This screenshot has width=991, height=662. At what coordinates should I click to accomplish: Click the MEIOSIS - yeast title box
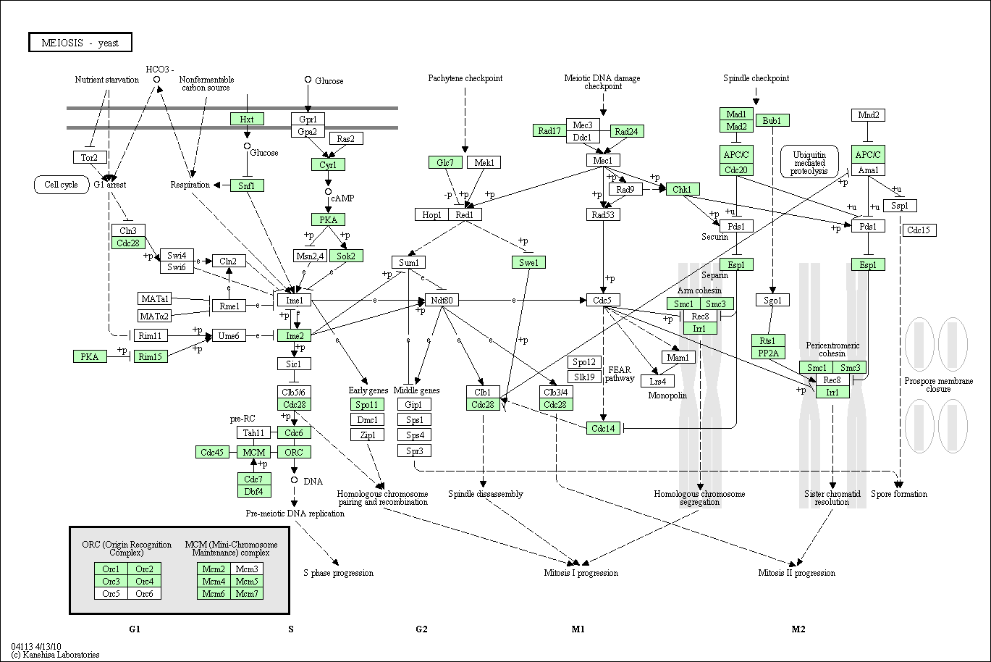pos(80,43)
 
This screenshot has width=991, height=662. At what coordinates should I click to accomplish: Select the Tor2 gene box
pos(90,157)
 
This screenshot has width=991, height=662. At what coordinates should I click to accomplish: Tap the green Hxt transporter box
pos(247,119)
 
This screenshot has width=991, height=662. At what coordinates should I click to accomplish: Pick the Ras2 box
pos(345,138)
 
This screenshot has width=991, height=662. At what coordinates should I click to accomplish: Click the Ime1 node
pos(294,300)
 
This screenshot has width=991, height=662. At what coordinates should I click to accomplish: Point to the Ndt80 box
pos(442,300)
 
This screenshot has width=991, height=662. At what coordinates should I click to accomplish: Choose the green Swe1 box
pos(528,262)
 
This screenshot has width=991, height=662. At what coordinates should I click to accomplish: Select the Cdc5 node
pos(603,300)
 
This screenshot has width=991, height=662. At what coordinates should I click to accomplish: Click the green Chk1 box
pos(682,190)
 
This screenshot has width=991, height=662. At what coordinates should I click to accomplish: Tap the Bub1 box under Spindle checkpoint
pos(772,120)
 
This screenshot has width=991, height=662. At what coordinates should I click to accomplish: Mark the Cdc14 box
pos(603,428)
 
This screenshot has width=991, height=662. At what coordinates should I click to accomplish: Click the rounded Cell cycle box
pos(61,185)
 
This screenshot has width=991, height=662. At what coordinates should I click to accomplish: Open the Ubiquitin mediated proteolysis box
pos(809,162)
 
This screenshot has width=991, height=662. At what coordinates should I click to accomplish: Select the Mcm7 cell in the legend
pos(247,594)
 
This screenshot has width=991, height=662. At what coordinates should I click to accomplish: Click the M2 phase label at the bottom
pos(798,629)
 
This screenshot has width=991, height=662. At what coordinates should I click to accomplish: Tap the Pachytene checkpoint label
pos(465,78)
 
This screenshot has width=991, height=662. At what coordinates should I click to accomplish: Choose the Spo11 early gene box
pos(367,404)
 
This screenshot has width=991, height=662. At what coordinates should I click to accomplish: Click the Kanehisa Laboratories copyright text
pos(55,655)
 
